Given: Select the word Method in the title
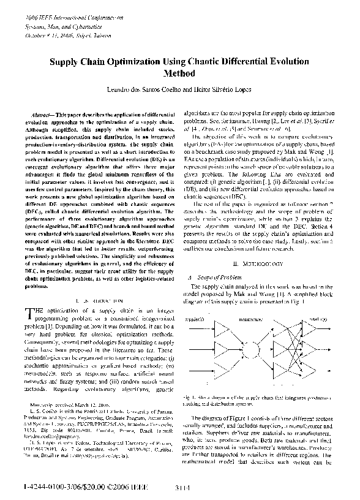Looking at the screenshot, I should (x=179, y=73).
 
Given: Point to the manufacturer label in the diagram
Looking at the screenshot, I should (x=250, y=320).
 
